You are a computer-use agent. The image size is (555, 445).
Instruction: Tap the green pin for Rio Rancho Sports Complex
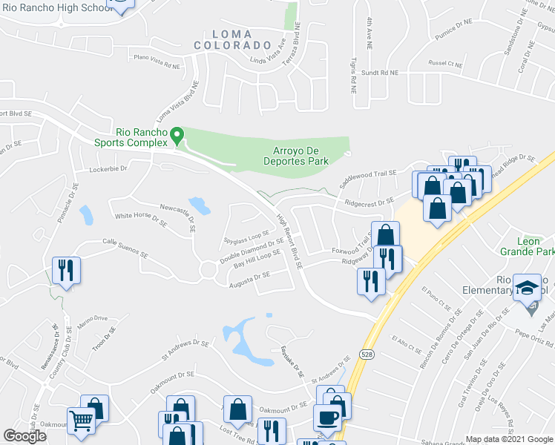pyautogui.click(x=177, y=136)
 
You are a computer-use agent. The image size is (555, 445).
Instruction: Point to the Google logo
pyautogui.click(x=24, y=436)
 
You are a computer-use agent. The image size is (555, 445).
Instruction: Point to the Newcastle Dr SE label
pyautogui.click(x=177, y=213)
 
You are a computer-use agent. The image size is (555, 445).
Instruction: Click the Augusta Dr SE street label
pyautogui.click(x=249, y=278)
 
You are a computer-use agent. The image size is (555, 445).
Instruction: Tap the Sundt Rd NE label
pyautogui.click(x=380, y=73)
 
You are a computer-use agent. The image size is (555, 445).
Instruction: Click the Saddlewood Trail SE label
pyautogui.click(x=369, y=176)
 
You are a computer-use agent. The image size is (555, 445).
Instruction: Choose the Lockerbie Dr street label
pyautogui.click(x=108, y=169)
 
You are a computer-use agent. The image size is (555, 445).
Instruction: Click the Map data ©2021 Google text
pyautogui.click(x=509, y=439)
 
